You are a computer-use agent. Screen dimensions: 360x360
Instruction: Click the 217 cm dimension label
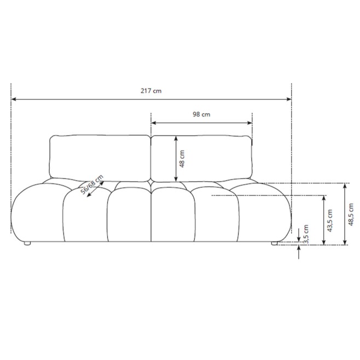[x=151, y=91]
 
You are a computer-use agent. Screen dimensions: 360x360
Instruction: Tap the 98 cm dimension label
[x=201, y=114]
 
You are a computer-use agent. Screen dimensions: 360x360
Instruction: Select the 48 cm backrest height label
[x=182, y=159]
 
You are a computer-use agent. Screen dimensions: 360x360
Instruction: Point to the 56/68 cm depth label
[x=92, y=184]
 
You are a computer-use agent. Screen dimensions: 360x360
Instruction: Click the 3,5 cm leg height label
[x=306, y=234]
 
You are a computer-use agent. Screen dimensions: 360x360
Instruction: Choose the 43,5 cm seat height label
[x=330, y=220]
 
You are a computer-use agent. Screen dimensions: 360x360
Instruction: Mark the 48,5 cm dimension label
[x=351, y=214]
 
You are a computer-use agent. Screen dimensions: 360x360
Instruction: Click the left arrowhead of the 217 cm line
[x=14, y=99]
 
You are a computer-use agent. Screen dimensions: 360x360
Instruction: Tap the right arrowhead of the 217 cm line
[x=289, y=99]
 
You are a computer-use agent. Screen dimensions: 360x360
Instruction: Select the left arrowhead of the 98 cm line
[x=154, y=123]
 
